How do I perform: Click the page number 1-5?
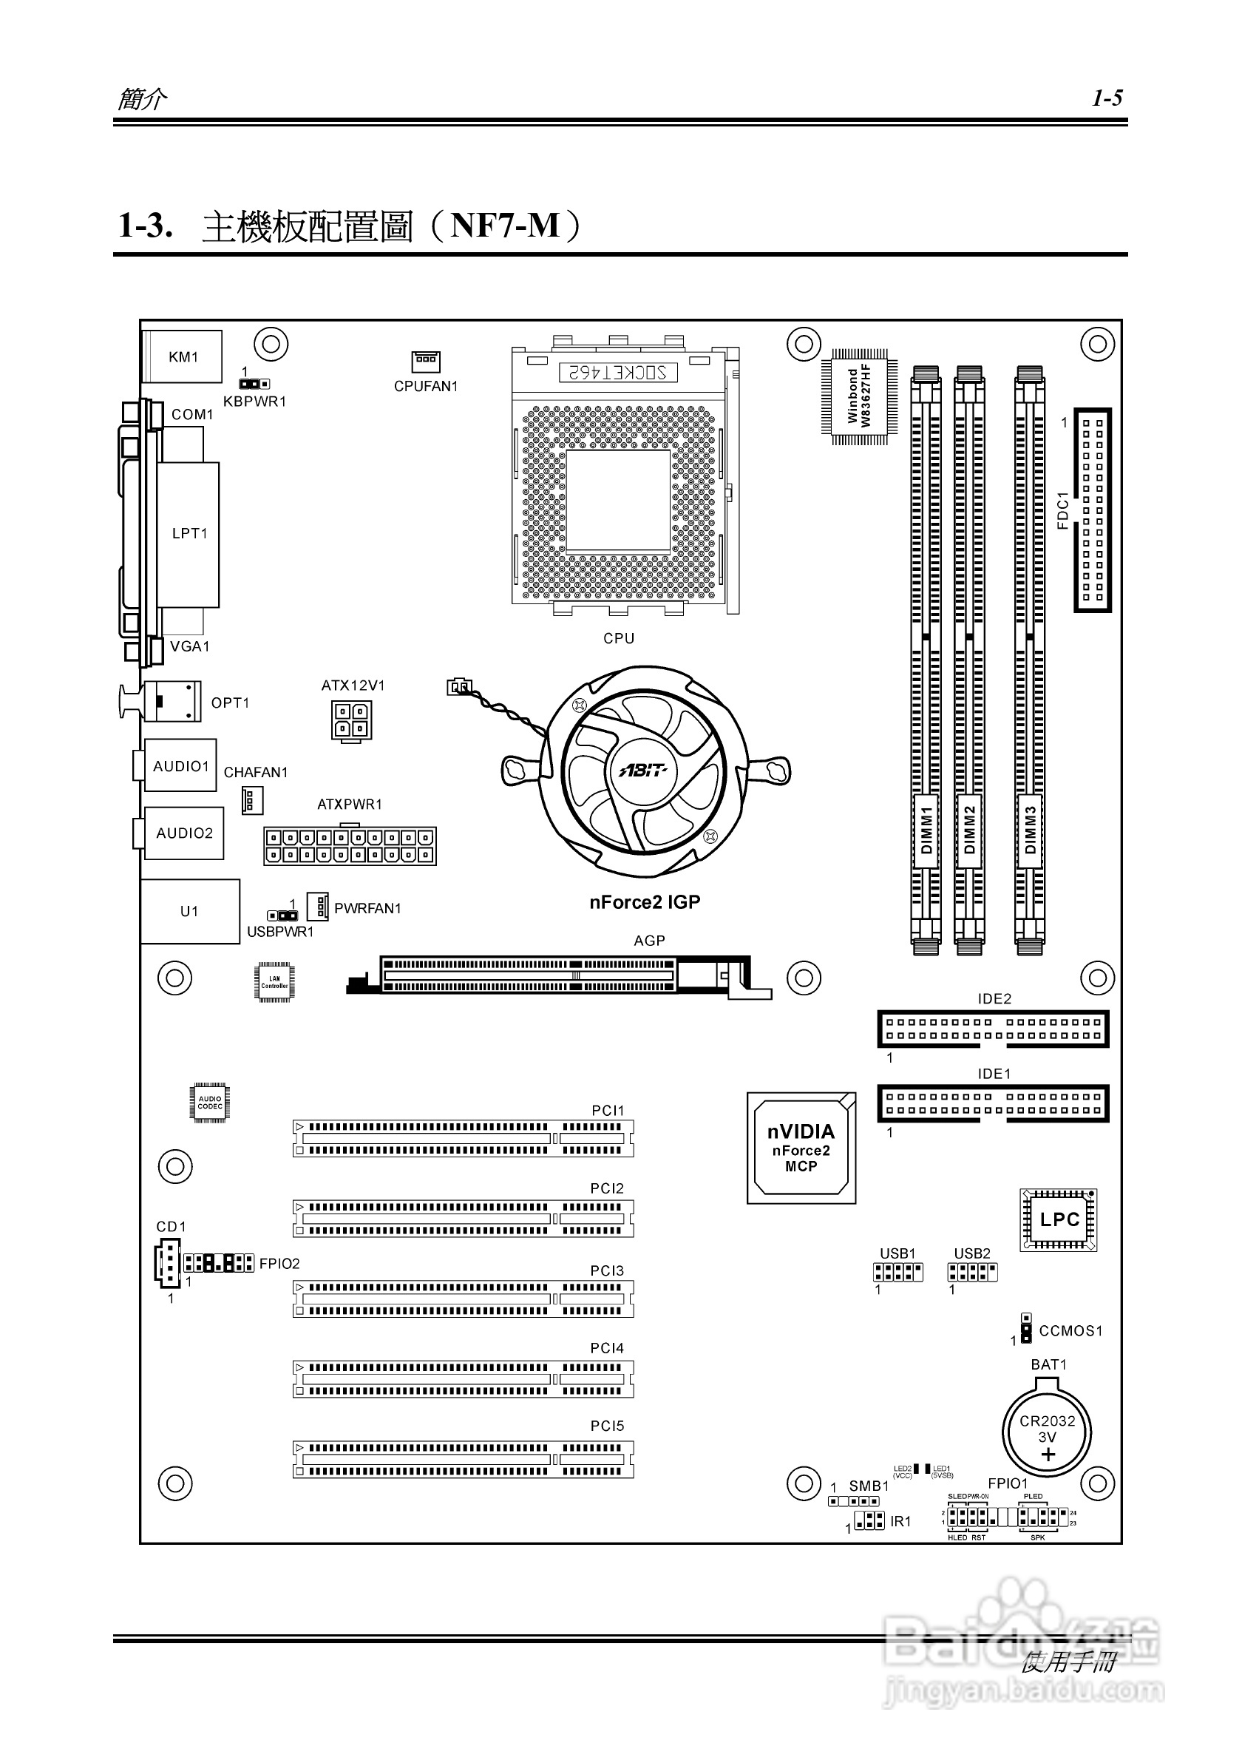(1107, 98)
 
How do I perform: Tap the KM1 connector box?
(183, 356)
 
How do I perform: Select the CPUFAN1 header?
(426, 361)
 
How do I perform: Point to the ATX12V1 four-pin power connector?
(352, 720)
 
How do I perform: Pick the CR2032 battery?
(1047, 1429)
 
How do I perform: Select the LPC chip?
(1058, 1219)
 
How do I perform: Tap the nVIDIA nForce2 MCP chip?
(801, 1148)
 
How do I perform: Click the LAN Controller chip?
(274, 982)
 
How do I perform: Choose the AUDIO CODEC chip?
(210, 1103)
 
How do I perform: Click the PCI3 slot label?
(607, 1270)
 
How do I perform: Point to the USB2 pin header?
(972, 1273)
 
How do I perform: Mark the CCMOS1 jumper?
(1026, 1329)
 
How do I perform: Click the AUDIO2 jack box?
(184, 833)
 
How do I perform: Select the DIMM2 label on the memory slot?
(969, 830)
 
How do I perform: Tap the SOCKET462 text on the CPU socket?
(617, 373)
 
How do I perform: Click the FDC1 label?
(1062, 510)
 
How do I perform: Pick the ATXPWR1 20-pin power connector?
(350, 846)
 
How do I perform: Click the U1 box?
(189, 910)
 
